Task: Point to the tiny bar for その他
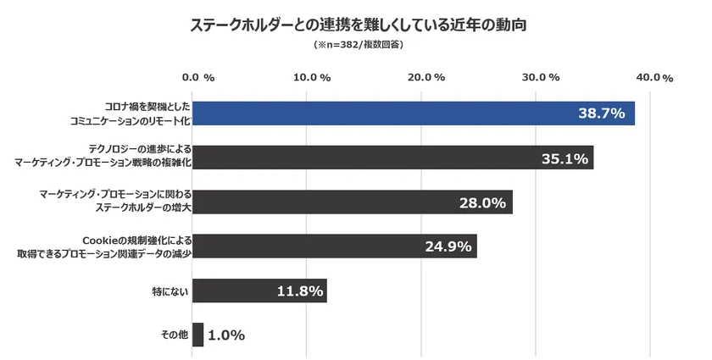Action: tap(198, 335)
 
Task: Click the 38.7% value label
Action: tap(601, 113)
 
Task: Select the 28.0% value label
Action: tap(481, 202)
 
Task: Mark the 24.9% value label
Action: tap(446, 246)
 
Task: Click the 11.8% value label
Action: tap(300, 291)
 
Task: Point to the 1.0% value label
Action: tap(226, 335)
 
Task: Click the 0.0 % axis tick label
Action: tap(198, 77)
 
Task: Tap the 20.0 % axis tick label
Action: tap(426, 77)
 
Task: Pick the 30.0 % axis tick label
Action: tap(541, 77)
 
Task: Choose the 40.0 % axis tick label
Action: tap(654, 78)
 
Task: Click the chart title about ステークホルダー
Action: tap(356, 25)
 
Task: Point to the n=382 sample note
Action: tap(357, 44)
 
